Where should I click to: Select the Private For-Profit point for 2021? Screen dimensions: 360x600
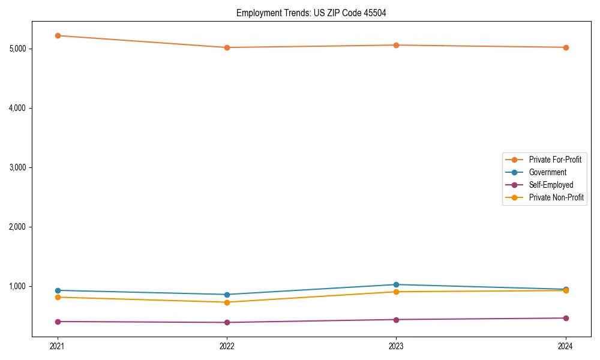[58, 36]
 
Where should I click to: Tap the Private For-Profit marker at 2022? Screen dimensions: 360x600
[227, 47]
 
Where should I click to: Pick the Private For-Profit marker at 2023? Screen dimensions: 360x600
[397, 45]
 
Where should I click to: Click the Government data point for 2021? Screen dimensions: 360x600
[58, 290]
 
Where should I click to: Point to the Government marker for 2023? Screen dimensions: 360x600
[397, 284]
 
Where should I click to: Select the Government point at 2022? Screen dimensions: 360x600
[227, 295]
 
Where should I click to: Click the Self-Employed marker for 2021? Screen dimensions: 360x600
[58, 322]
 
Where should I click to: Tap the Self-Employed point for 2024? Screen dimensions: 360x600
[566, 318]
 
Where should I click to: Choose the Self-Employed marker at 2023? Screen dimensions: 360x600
[397, 319]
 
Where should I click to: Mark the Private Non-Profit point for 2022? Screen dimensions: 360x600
[227, 302]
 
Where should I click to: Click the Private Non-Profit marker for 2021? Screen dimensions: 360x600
[58, 297]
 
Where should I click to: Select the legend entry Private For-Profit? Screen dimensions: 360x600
[555, 160]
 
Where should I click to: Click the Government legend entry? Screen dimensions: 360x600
[547, 172]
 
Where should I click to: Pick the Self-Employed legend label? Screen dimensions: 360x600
[551, 185]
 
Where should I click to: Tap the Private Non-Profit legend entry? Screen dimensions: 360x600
[556, 197]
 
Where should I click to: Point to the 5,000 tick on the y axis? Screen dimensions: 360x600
[21, 49]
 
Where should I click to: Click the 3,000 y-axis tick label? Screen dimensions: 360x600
[21, 167]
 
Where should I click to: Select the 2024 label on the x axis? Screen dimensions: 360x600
[566, 346]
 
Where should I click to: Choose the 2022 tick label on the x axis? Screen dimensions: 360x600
[227, 346]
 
